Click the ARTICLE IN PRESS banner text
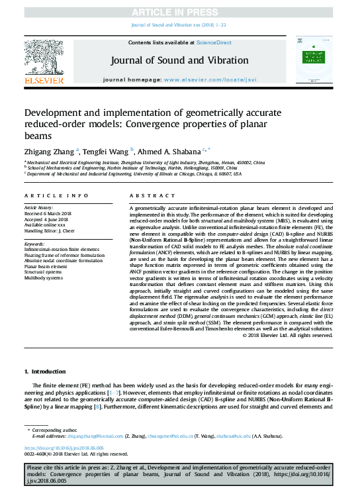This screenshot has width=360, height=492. tap(180, 12)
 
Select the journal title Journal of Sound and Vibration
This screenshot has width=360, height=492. tap(180, 60)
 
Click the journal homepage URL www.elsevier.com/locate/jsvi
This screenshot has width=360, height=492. tap(210, 79)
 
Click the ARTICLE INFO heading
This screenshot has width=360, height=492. tap(56, 196)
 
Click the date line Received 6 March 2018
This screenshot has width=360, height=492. tap(48, 213)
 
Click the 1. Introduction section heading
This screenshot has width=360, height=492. tap(45, 372)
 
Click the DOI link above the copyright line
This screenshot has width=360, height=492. tap(62, 448)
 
